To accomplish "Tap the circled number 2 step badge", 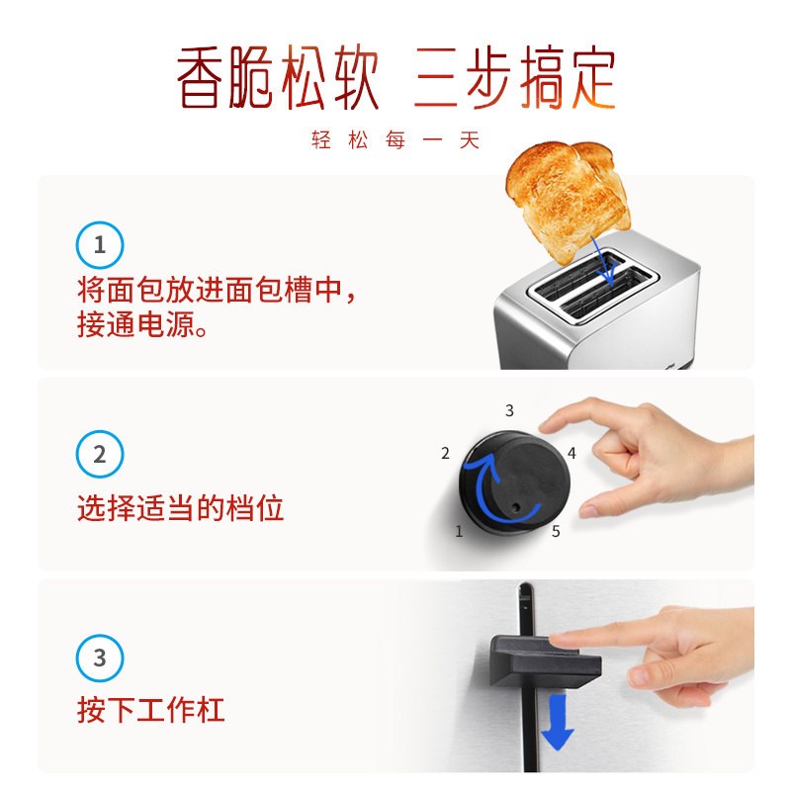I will tap(100, 455).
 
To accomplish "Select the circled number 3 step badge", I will tap(100, 658).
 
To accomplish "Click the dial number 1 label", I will tap(459, 531).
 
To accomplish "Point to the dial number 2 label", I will tap(445, 454).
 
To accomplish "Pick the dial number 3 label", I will tap(509, 409).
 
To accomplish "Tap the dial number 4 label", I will tap(571, 454).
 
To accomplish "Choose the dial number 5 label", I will tap(556, 531).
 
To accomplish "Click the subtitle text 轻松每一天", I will tap(395, 140).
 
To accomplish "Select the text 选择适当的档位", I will tap(181, 508).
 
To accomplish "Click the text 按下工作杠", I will tap(151, 709).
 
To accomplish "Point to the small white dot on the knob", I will tap(514, 510).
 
